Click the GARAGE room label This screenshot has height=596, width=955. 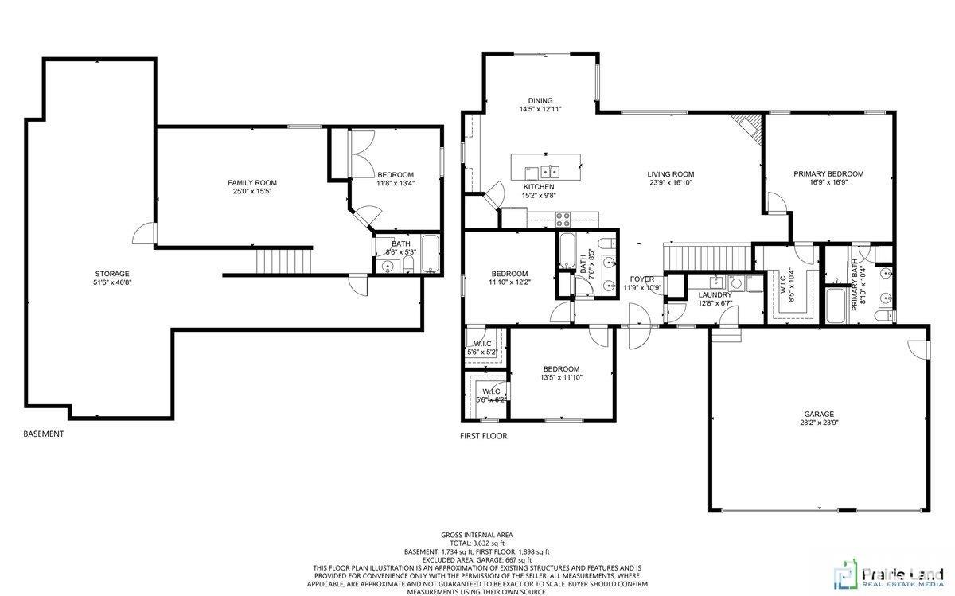click(x=818, y=414)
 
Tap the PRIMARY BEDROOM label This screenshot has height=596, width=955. click(x=828, y=173)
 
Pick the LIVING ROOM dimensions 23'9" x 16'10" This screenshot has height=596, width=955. click(x=670, y=182)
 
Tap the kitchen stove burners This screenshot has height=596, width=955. click(x=563, y=216)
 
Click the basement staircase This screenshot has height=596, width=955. click(x=283, y=259)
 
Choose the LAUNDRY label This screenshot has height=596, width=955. click(x=715, y=294)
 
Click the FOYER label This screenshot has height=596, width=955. click(x=642, y=279)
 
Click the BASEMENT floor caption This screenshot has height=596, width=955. click(x=44, y=434)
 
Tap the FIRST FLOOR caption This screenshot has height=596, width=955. click(x=484, y=436)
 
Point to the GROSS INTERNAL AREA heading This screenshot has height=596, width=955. click(x=477, y=535)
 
